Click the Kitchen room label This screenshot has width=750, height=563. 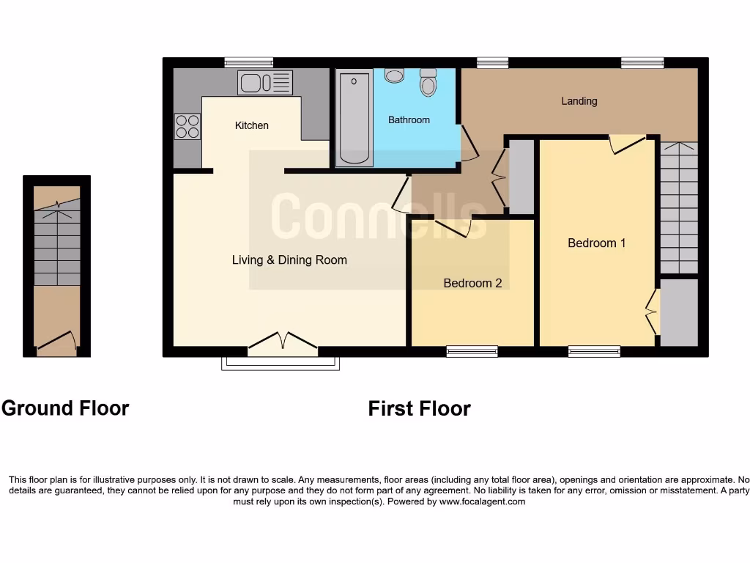(251, 125)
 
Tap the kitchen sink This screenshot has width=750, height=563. (264, 83)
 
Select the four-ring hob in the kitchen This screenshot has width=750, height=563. (187, 127)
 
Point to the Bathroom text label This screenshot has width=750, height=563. (409, 119)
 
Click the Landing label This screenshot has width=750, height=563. (579, 101)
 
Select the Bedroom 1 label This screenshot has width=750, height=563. (596, 243)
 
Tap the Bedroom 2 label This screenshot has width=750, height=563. (472, 283)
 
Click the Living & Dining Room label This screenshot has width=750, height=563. (289, 260)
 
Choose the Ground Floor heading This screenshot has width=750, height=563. (65, 408)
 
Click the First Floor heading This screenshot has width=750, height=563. (419, 408)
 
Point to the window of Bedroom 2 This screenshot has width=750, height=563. (472, 352)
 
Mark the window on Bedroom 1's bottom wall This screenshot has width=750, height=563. (593, 352)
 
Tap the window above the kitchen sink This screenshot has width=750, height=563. (248, 62)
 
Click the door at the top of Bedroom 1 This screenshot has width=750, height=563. (627, 144)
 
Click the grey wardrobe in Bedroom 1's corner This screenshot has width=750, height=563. (679, 312)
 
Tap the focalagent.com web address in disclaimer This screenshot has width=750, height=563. (481, 502)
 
